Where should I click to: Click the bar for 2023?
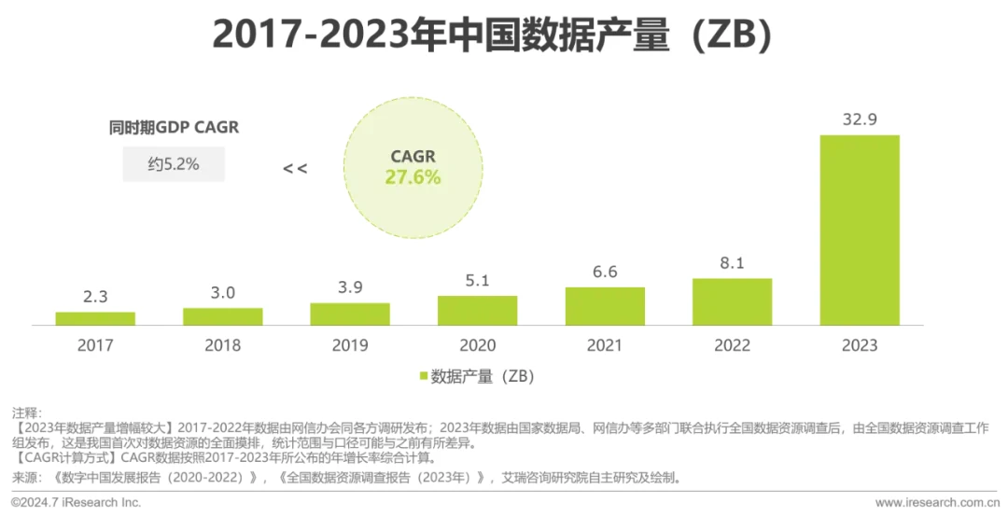click(x=860, y=230)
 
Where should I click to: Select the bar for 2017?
click(x=95, y=318)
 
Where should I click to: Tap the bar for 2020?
click(x=477, y=310)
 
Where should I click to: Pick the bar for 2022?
click(x=732, y=301)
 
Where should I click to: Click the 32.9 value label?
click(x=860, y=119)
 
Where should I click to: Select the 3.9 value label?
click(x=350, y=286)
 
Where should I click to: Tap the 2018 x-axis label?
click(x=222, y=345)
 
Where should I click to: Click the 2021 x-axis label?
click(x=605, y=345)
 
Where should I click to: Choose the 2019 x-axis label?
click(x=350, y=345)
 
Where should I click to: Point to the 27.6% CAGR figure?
click(x=413, y=177)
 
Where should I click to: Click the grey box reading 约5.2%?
click(x=174, y=165)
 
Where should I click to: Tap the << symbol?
click(x=295, y=169)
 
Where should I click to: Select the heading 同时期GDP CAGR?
click(x=174, y=127)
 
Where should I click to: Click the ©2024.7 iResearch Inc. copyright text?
click(x=77, y=502)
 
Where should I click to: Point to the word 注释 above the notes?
click(x=26, y=412)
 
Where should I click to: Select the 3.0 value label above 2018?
click(x=222, y=292)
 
